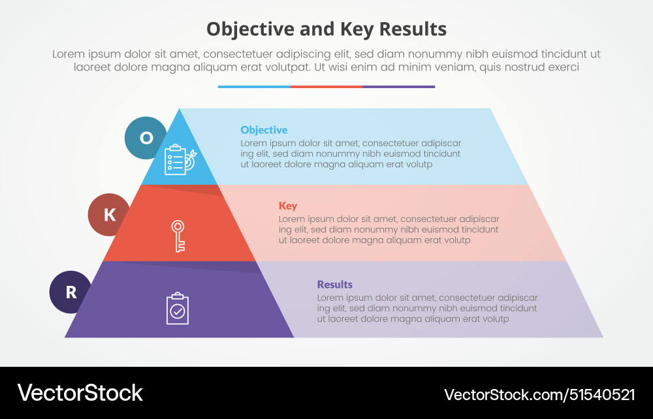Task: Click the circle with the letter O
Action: click(x=146, y=138)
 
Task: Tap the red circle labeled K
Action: click(x=109, y=214)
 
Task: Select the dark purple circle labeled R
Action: click(x=71, y=292)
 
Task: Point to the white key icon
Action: click(x=178, y=235)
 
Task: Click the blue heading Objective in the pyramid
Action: click(x=264, y=130)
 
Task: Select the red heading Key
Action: click(x=288, y=206)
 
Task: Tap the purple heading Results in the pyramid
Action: click(x=334, y=285)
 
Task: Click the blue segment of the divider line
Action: click(x=254, y=86)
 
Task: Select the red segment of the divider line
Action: click(x=326, y=86)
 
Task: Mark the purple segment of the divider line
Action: click(x=399, y=86)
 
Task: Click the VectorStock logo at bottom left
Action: click(x=80, y=393)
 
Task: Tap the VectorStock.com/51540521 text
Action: click(x=539, y=394)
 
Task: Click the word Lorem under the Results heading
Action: click(x=330, y=298)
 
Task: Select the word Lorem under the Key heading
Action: click(x=292, y=219)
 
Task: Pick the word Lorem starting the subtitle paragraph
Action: click(x=69, y=54)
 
